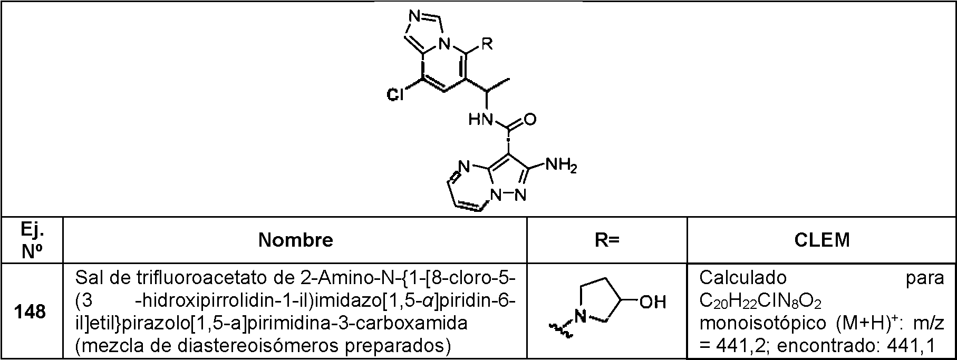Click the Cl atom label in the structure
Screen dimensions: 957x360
(x=395, y=95)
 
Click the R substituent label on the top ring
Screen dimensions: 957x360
(x=486, y=44)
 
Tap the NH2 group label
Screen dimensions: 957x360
(x=561, y=166)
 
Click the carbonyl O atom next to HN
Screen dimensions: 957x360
(x=530, y=121)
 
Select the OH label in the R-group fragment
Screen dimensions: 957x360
(x=653, y=303)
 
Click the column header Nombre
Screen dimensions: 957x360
(x=295, y=240)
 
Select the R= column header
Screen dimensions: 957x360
(x=608, y=240)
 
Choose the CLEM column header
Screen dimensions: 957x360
(x=822, y=240)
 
